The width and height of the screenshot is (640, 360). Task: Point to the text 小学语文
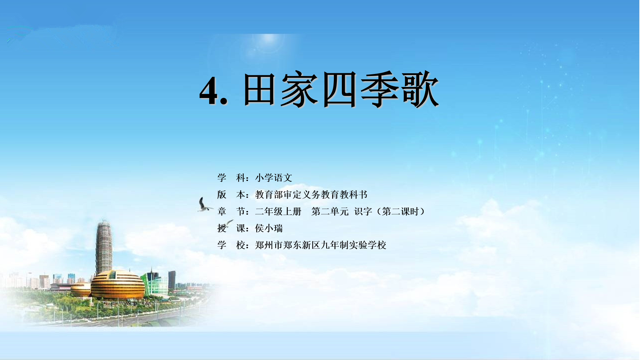pyautogui.click(x=273, y=178)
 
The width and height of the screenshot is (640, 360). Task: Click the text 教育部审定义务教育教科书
pyautogui.click(x=311, y=194)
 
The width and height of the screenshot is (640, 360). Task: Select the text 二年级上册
pyautogui.click(x=278, y=211)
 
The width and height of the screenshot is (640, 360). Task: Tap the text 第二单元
pyautogui.click(x=330, y=211)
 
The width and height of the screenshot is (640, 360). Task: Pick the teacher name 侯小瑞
pyautogui.click(x=269, y=228)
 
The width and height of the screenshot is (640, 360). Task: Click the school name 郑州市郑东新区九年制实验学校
pyautogui.click(x=321, y=245)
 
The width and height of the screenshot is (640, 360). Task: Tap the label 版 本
pyautogui.click(x=231, y=194)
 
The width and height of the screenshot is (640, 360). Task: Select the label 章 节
pyautogui.click(x=231, y=211)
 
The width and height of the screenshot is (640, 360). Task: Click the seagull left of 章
pyautogui.click(x=204, y=205)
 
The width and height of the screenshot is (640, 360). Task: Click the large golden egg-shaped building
pyautogui.click(x=118, y=285)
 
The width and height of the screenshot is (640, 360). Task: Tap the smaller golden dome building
pyautogui.click(x=81, y=289)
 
